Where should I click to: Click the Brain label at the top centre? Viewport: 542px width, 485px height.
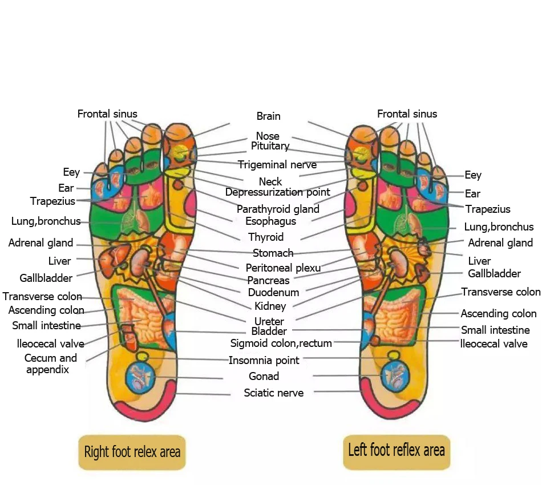[x=268, y=116]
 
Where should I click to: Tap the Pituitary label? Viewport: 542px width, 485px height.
[x=270, y=146]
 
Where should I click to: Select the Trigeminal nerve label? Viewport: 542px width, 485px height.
[x=277, y=165]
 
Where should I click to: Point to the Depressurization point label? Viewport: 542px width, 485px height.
[x=278, y=192]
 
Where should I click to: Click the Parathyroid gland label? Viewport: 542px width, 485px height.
[x=278, y=209]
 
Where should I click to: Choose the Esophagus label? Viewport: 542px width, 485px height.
[x=270, y=221]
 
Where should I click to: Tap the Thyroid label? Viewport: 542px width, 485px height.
[x=266, y=237]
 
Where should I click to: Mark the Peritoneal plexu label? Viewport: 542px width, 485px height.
[x=283, y=268]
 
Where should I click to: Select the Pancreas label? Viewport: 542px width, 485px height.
[x=268, y=281]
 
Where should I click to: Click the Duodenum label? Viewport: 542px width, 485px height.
[x=273, y=293]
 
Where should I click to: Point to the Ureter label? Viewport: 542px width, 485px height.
[x=269, y=322]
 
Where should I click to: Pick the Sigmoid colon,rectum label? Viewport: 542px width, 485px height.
[x=281, y=343]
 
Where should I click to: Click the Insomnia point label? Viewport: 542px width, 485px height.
[x=264, y=361]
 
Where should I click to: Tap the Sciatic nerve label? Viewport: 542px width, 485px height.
[x=274, y=393]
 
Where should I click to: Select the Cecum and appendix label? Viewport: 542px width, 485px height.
[x=50, y=364]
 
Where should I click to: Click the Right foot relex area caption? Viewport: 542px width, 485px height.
[x=132, y=452]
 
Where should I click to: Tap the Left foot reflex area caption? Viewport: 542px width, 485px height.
[x=397, y=450]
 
